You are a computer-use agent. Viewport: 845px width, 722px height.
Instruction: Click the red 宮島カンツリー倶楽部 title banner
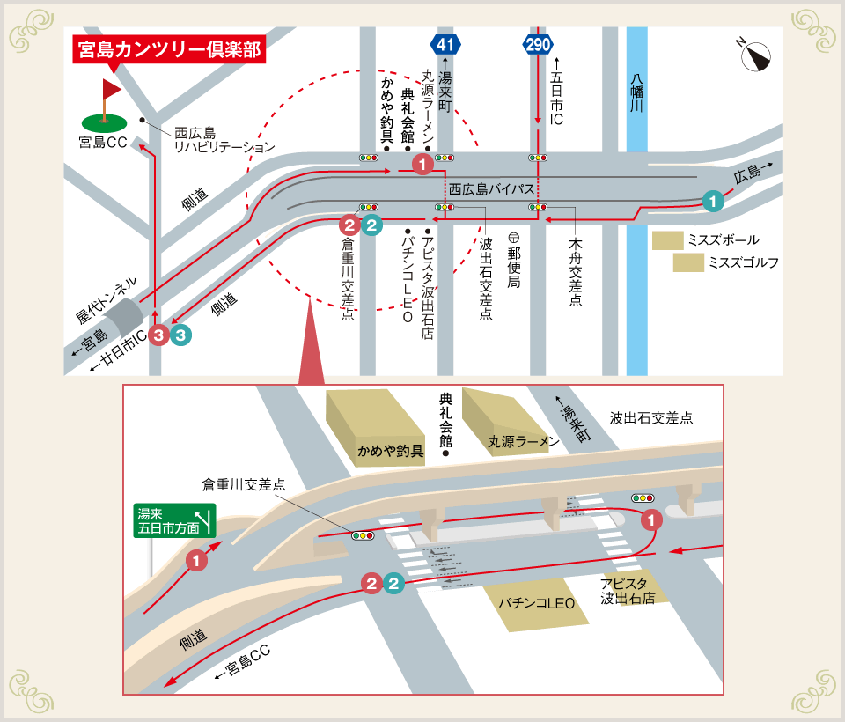coord(169,49)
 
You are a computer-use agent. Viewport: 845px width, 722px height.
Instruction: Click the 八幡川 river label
coord(636,92)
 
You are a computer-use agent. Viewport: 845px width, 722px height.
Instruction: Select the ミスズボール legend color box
coord(667,240)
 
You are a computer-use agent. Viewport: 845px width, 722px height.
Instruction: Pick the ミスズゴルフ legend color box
coord(687,262)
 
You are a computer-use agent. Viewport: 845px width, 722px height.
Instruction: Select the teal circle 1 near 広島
coord(713,202)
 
